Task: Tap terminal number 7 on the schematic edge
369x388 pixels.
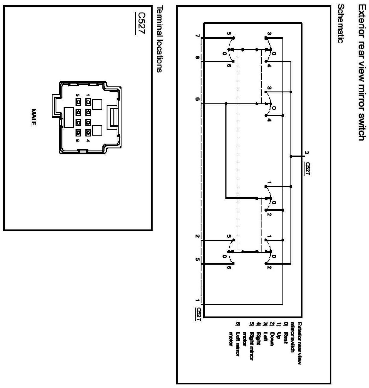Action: tap(197, 36)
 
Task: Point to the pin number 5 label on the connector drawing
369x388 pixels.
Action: tap(78, 95)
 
